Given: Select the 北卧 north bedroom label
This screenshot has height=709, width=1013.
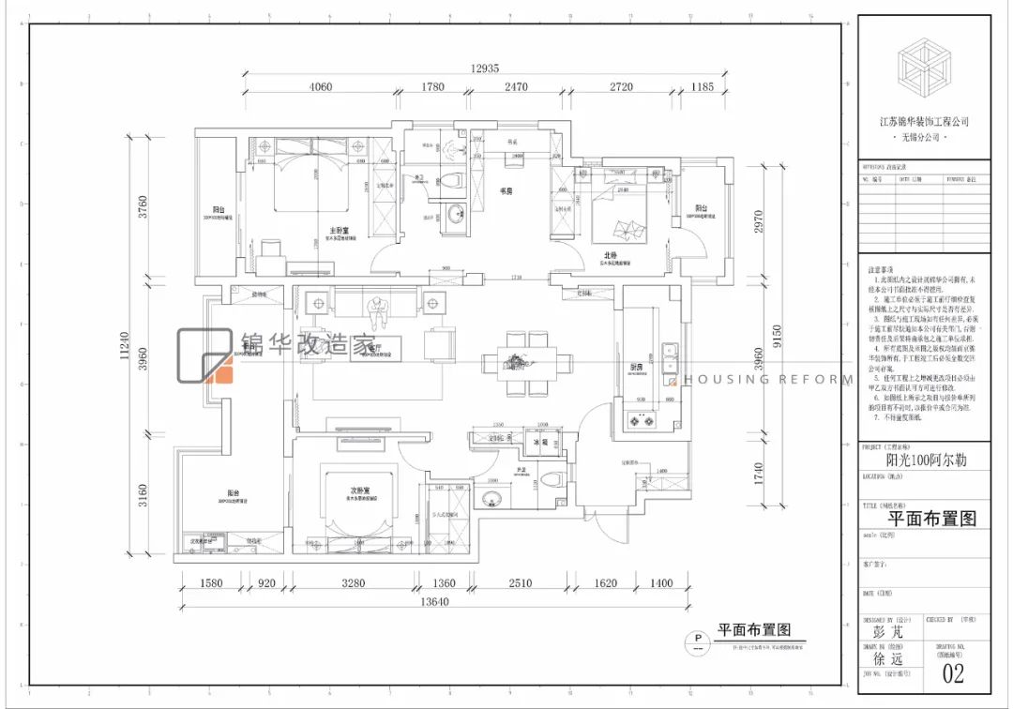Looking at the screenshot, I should pyautogui.click(x=611, y=255).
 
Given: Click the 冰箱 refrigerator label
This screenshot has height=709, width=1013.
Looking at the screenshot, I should pyautogui.click(x=539, y=439).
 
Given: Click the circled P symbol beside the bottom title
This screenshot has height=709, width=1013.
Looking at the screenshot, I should pyautogui.click(x=696, y=641).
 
